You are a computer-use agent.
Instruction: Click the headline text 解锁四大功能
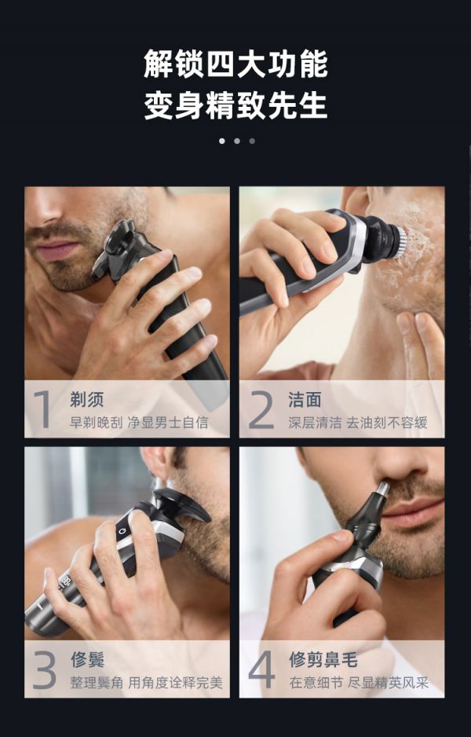point(235,64)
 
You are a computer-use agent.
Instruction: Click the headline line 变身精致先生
point(235,105)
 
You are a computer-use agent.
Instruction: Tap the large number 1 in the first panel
point(43,409)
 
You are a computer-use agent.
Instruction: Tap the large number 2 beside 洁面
point(261,410)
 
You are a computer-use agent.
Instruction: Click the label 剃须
point(87,399)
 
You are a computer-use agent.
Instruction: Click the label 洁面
point(305,399)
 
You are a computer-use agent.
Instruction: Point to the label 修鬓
point(88,659)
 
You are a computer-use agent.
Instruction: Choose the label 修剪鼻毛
point(323,659)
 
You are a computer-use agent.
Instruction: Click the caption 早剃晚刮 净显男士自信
point(139,422)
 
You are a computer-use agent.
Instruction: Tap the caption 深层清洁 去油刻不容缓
point(358,423)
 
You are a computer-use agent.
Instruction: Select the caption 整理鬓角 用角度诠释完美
point(147,683)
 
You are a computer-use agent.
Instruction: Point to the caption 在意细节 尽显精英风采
point(359,683)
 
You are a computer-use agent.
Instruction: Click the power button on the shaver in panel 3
point(123,531)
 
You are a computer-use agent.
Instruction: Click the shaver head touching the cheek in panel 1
point(115,248)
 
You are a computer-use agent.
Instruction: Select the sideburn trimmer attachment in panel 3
point(181,504)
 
